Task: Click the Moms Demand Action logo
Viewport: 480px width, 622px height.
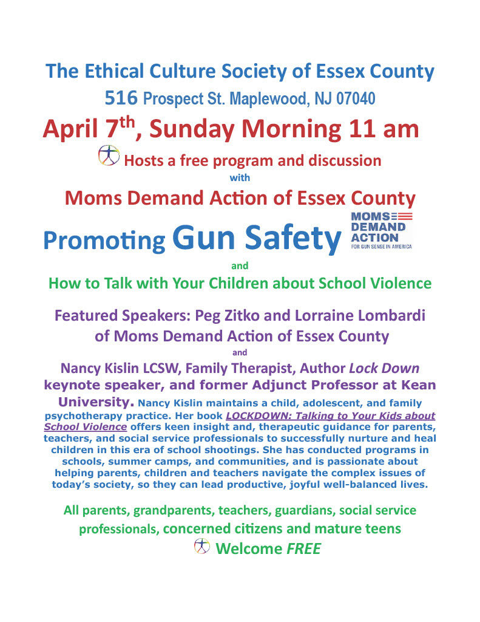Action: (x=382, y=231)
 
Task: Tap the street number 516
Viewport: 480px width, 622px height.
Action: (x=121, y=97)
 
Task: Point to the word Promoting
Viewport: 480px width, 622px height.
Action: (x=104, y=241)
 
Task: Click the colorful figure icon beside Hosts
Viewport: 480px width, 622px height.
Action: (x=109, y=157)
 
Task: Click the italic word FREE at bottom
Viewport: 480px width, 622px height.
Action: (x=303, y=549)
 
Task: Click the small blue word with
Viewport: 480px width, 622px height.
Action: (x=240, y=178)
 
